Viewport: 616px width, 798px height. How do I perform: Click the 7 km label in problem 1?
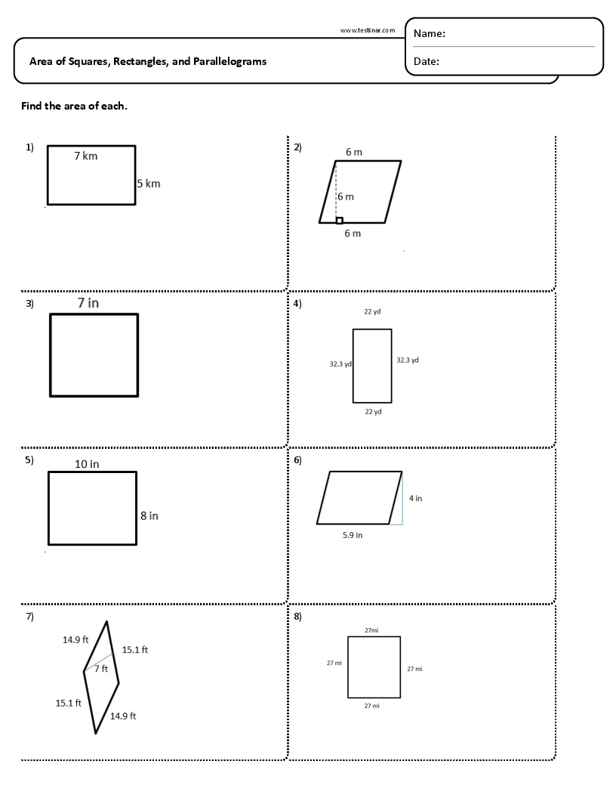tap(85, 156)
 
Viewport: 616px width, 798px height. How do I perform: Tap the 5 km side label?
tap(149, 183)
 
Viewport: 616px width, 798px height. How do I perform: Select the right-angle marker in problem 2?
tap(339, 220)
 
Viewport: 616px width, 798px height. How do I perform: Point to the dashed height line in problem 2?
tap(336, 189)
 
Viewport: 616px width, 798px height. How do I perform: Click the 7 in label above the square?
tap(88, 302)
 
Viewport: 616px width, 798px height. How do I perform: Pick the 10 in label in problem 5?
tap(87, 464)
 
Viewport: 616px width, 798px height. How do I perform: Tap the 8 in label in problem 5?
tap(149, 515)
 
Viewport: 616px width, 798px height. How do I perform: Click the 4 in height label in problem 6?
tap(415, 498)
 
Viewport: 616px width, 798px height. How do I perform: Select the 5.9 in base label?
tap(353, 535)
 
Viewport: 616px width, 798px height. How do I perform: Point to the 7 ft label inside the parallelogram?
tap(101, 669)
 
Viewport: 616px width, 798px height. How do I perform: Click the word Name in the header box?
tap(430, 33)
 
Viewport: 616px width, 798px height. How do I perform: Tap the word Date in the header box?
tap(427, 62)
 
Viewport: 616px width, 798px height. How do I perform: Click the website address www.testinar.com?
tap(368, 30)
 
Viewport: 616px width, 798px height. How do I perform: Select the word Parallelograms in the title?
tap(229, 61)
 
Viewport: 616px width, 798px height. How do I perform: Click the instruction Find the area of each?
tap(74, 106)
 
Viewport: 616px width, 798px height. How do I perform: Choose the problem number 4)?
tap(297, 304)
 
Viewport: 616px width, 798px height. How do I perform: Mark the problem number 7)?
tap(30, 616)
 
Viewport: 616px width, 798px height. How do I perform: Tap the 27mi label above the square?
tap(371, 629)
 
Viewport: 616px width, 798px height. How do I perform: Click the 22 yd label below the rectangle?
tap(373, 412)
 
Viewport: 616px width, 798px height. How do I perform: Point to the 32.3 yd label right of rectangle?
tap(408, 360)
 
